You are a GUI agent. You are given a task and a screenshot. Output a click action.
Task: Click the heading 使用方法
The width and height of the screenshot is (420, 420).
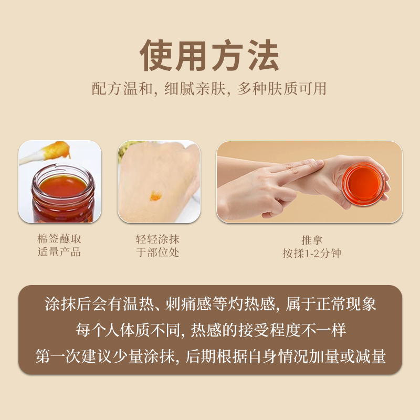pos(209,55)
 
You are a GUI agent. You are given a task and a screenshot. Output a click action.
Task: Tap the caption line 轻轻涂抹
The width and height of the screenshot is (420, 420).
pos(158,239)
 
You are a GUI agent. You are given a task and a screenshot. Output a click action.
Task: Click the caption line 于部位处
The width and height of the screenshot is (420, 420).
pos(158,252)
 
